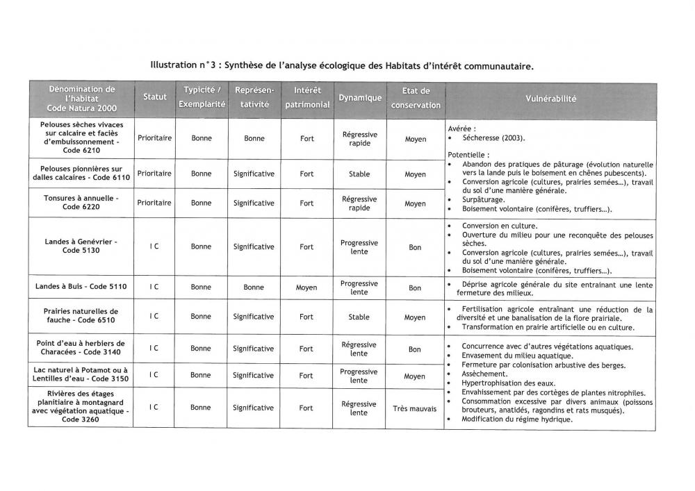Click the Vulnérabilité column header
click(x=550, y=99)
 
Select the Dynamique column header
click(x=360, y=98)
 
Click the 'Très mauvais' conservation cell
click(x=415, y=408)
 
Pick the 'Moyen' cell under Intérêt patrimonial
click(x=306, y=287)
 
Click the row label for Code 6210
click(x=81, y=138)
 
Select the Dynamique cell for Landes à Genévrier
click(x=359, y=247)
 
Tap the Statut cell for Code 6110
click(x=154, y=174)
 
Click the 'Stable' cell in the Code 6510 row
click(x=359, y=317)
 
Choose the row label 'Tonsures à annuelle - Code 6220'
click(x=81, y=203)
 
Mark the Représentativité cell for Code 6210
click(x=254, y=138)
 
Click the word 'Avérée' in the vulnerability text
click(x=461, y=128)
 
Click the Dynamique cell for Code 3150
click(x=359, y=376)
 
